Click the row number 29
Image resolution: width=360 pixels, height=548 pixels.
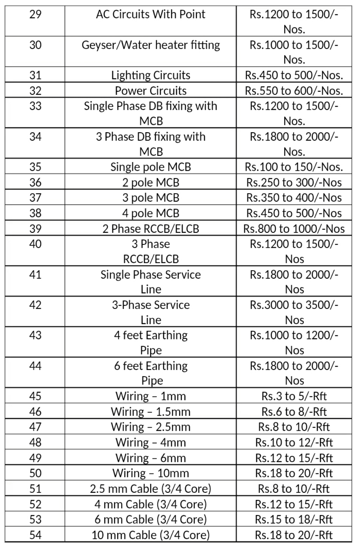35,14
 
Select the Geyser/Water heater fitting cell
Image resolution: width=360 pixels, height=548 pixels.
151,45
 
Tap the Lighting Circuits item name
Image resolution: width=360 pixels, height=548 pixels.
151,75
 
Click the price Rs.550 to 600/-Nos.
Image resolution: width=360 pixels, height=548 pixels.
294,91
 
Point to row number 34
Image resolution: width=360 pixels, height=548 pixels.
35,136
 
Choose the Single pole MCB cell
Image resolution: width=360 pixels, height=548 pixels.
151,167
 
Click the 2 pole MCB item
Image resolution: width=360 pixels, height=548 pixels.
151,182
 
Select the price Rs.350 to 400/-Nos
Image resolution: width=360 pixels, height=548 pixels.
294,198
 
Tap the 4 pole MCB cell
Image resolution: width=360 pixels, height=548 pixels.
151,213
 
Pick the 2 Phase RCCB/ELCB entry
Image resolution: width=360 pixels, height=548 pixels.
151,229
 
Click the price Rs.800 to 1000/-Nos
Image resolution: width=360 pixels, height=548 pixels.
294,229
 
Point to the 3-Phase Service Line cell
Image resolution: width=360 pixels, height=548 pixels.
151,312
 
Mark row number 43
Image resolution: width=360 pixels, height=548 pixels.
35,335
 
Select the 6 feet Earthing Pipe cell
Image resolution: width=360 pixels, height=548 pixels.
151,373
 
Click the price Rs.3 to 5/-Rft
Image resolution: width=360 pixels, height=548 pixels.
294,396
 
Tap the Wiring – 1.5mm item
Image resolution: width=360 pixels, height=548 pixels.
151,412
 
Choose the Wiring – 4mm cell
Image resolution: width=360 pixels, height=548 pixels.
151,442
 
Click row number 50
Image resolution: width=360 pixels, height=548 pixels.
35,473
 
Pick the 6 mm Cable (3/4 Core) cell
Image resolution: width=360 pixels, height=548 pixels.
151,519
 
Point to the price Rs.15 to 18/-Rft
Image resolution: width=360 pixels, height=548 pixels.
294,519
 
